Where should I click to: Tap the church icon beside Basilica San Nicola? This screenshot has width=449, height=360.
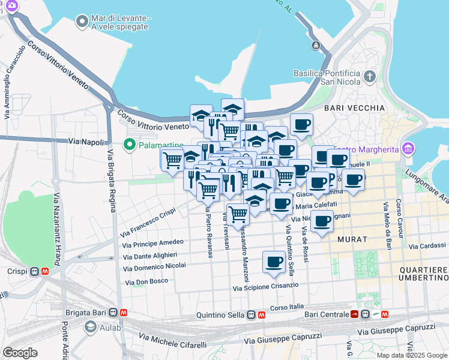pyautogui.click(x=370, y=77)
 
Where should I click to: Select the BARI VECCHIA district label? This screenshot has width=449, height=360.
pyautogui.click(x=354, y=108)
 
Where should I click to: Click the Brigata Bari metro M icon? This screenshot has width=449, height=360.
pyautogui.click(x=124, y=313)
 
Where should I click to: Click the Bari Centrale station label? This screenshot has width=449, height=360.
pyautogui.click(x=327, y=314)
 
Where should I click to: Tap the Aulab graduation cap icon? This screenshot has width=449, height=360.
pyautogui.click(x=91, y=326)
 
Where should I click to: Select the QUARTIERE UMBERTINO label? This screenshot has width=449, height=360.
pyautogui.click(x=423, y=274)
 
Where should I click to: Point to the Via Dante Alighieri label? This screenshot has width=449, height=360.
pyautogui.click(x=149, y=255)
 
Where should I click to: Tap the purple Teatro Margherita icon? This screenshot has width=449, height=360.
pyautogui.click(x=409, y=148)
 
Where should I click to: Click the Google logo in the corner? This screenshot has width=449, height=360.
pyautogui.click(x=20, y=353)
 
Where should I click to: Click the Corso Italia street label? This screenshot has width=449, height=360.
pyautogui.click(x=287, y=308)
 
